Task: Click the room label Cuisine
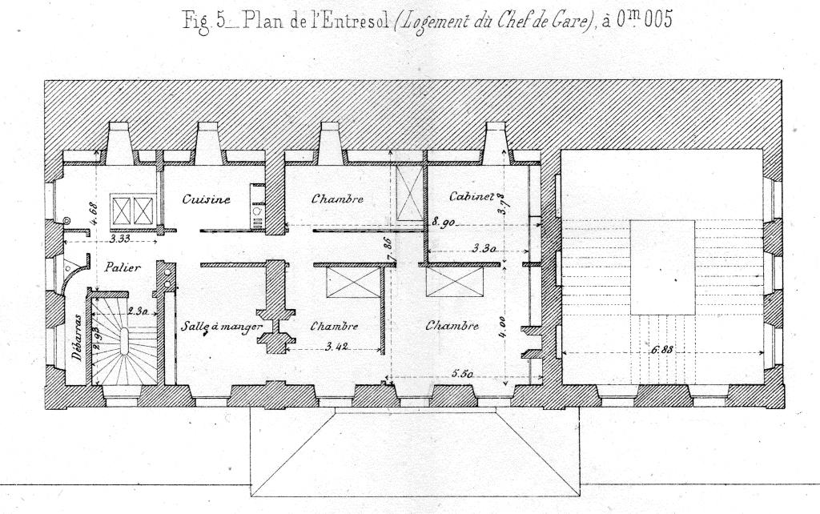coord(207,199)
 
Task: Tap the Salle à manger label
coord(222,327)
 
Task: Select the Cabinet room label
coord(472,196)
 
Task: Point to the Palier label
coord(123,267)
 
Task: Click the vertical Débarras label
coord(78,337)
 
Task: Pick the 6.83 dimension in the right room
coord(661,350)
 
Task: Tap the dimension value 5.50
coord(462,374)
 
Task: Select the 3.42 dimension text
coord(337,346)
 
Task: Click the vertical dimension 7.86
coord(388,250)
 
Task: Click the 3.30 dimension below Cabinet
coord(484,249)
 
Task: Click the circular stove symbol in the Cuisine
coord(258,211)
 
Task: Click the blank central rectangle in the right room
coord(662,267)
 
